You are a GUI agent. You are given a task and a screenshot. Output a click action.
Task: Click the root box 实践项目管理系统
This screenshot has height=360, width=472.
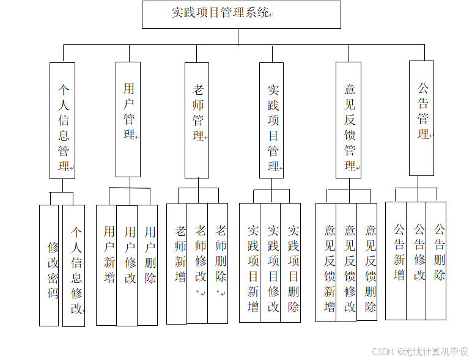(x=241, y=14)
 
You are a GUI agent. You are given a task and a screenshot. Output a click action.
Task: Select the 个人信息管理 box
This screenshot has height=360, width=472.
(x=62, y=120)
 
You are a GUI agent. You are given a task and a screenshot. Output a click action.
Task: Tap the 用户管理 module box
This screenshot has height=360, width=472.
(x=128, y=119)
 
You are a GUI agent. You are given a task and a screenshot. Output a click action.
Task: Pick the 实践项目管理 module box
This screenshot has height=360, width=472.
(x=272, y=120)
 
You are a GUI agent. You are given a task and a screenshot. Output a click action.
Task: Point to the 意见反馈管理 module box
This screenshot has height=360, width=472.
(x=348, y=120)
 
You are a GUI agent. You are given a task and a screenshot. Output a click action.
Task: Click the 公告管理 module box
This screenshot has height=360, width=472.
(x=422, y=118)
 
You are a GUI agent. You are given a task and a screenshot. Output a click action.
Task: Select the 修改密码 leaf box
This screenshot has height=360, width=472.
(x=49, y=265)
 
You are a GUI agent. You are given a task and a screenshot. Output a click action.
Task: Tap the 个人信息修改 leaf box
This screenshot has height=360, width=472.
(x=74, y=265)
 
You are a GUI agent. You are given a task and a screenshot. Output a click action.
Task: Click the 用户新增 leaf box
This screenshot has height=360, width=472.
(x=107, y=264)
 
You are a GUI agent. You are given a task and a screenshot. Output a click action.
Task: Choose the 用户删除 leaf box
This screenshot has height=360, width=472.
(x=147, y=264)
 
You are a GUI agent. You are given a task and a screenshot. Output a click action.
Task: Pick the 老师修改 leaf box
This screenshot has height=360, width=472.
(x=197, y=263)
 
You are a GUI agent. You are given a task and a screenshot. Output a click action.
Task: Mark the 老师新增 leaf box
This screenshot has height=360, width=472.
(x=177, y=263)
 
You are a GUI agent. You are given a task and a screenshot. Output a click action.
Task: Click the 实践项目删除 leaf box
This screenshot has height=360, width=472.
(x=291, y=263)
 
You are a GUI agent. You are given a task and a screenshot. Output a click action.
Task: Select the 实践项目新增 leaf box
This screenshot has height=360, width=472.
(x=250, y=263)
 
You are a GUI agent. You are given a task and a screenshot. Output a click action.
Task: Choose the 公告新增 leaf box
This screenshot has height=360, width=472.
(x=396, y=260)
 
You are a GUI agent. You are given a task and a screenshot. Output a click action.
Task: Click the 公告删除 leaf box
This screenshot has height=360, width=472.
(x=437, y=260)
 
